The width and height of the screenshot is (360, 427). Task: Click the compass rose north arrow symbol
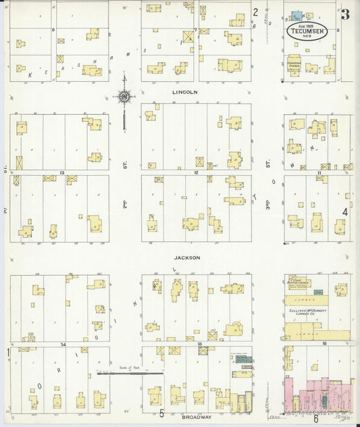coord(125,99)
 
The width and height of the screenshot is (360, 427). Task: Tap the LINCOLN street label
coord(184,91)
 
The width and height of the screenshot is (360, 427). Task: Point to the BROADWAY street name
coord(196,417)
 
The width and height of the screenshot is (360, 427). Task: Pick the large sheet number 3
coord(345,15)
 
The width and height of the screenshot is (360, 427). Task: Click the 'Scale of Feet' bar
coord(129,372)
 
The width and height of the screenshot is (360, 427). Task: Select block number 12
coord(195,173)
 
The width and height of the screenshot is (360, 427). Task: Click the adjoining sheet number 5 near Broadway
coord(161,413)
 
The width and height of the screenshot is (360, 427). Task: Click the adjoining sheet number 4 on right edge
coord(344,211)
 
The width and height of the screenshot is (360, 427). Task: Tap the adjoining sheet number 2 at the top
coord(255,11)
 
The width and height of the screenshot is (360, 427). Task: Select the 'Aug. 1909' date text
coord(308,25)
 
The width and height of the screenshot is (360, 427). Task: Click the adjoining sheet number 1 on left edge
coord(8,352)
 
